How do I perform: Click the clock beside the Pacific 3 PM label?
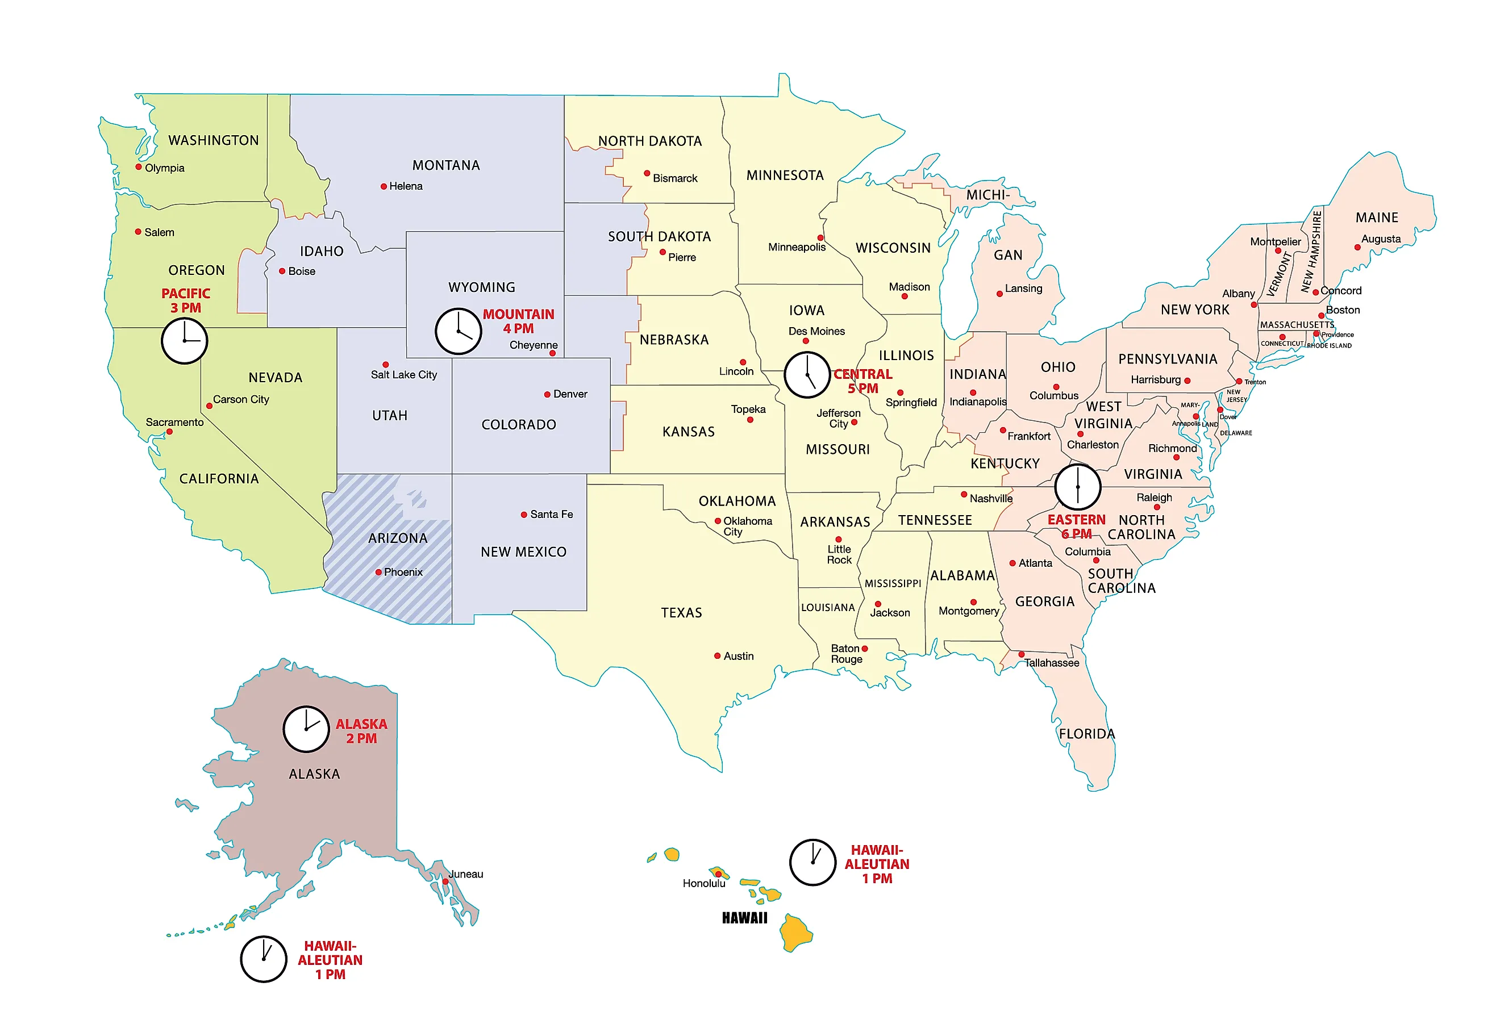pyautogui.click(x=184, y=341)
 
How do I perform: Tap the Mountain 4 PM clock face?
pyautogui.click(x=459, y=331)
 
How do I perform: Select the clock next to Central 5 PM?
pyautogui.click(x=807, y=375)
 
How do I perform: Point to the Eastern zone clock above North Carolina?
pyautogui.click(x=1077, y=487)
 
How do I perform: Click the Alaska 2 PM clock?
pyautogui.click(x=306, y=729)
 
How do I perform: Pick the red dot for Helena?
pyautogui.click(x=384, y=186)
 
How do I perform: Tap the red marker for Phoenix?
pyautogui.click(x=378, y=572)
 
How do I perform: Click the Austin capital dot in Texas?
pyautogui.click(x=717, y=656)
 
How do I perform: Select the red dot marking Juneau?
pyautogui.click(x=445, y=881)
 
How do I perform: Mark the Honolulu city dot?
pyautogui.click(x=718, y=874)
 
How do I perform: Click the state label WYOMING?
pyautogui.click(x=481, y=287)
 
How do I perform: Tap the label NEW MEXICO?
pyautogui.click(x=523, y=552)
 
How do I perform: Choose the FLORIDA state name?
pyautogui.click(x=1086, y=734)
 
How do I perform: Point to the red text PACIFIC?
pyautogui.click(x=186, y=294)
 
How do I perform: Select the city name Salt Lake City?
pyautogui.click(x=403, y=375)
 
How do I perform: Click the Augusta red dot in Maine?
pyautogui.click(x=1357, y=247)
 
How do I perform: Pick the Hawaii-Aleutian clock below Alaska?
pyautogui.click(x=263, y=959)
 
